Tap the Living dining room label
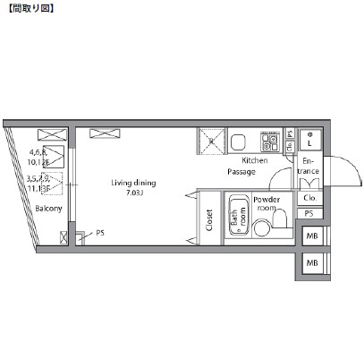tap(133, 183)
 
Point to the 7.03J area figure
tap(135, 193)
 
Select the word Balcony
tap(48, 209)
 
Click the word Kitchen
tap(242, 159)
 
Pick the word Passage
tap(241, 170)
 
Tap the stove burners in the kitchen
tap(269, 141)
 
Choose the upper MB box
tap(312, 236)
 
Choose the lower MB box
tap(312, 263)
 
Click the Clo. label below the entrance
tap(309, 198)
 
